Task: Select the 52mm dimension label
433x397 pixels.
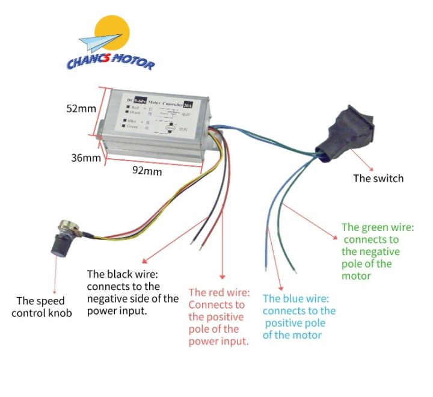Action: pyautogui.click(x=81, y=109)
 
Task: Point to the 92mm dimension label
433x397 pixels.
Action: pyautogui.click(x=147, y=171)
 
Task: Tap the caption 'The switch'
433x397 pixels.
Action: pyautogui.click(x=378, y=178)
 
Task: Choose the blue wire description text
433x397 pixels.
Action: pyautogui.click(x=299, y=316)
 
